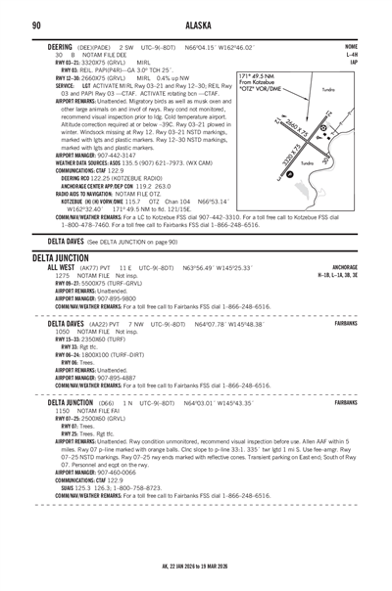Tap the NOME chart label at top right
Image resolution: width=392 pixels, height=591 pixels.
pos(351,46)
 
